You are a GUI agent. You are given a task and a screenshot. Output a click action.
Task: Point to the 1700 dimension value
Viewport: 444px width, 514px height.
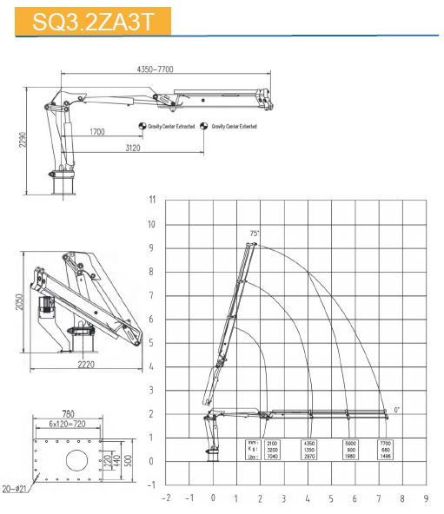pyautogui.click(x=96, y=131)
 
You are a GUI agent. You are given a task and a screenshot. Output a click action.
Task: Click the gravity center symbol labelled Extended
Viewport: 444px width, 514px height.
pyautogui.click(x=204, y=126)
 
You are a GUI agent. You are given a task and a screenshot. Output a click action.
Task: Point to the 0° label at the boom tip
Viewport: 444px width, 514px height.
pyautogui.click(x=396, y=409)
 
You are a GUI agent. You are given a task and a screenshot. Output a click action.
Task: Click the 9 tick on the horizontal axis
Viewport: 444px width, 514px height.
pyautogui.click(x=425, y=499)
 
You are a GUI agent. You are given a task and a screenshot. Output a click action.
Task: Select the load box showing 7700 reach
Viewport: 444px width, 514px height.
pyautogui.click(x=384, y=449)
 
